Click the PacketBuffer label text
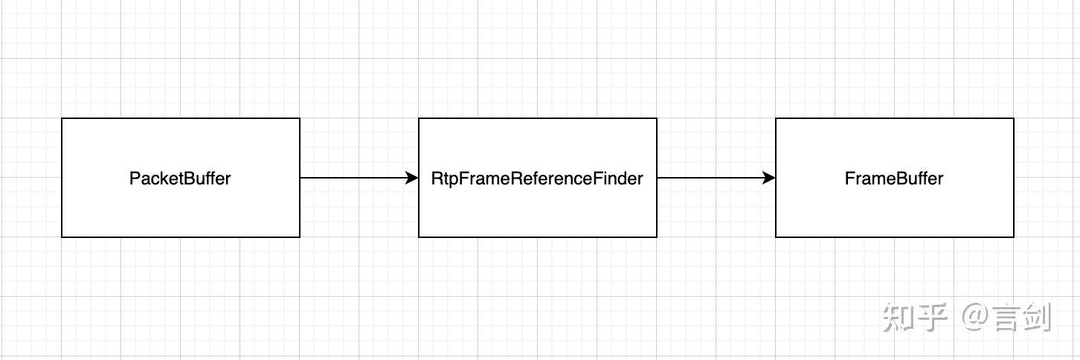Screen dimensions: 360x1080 pyautogui.click(x=180, y=179)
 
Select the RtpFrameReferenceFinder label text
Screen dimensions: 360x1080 pyautogui.click(x=537, y=179)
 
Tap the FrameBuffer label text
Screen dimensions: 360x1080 pyautogui.click(x=894, y=179)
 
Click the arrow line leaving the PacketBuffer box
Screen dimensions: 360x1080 pyautogui.click(x=350, y=178)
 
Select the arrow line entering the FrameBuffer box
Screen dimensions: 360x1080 pyautogui.click(x=707, y=178)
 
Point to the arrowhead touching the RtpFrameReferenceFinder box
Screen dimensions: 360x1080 pyautogui.click(x=412, y=178)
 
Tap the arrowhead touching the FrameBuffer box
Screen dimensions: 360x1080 pyautogui.click(x=769, y=178)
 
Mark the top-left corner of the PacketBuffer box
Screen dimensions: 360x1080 pyautogui.click(x=62, y=118)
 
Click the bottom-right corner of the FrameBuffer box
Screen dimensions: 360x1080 pyautogui.click(x=1014, y=237)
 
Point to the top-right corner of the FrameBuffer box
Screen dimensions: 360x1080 pyautogui.click(x=1014, y=118)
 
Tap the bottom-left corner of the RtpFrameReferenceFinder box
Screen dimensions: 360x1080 pyautogui.click(x=419, y=237)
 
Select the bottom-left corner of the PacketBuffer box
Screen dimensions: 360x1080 pyautogui.click(x=62, y=237)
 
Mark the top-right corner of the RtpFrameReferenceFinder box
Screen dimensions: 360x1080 pyautogui.click(x=657, y=118)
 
